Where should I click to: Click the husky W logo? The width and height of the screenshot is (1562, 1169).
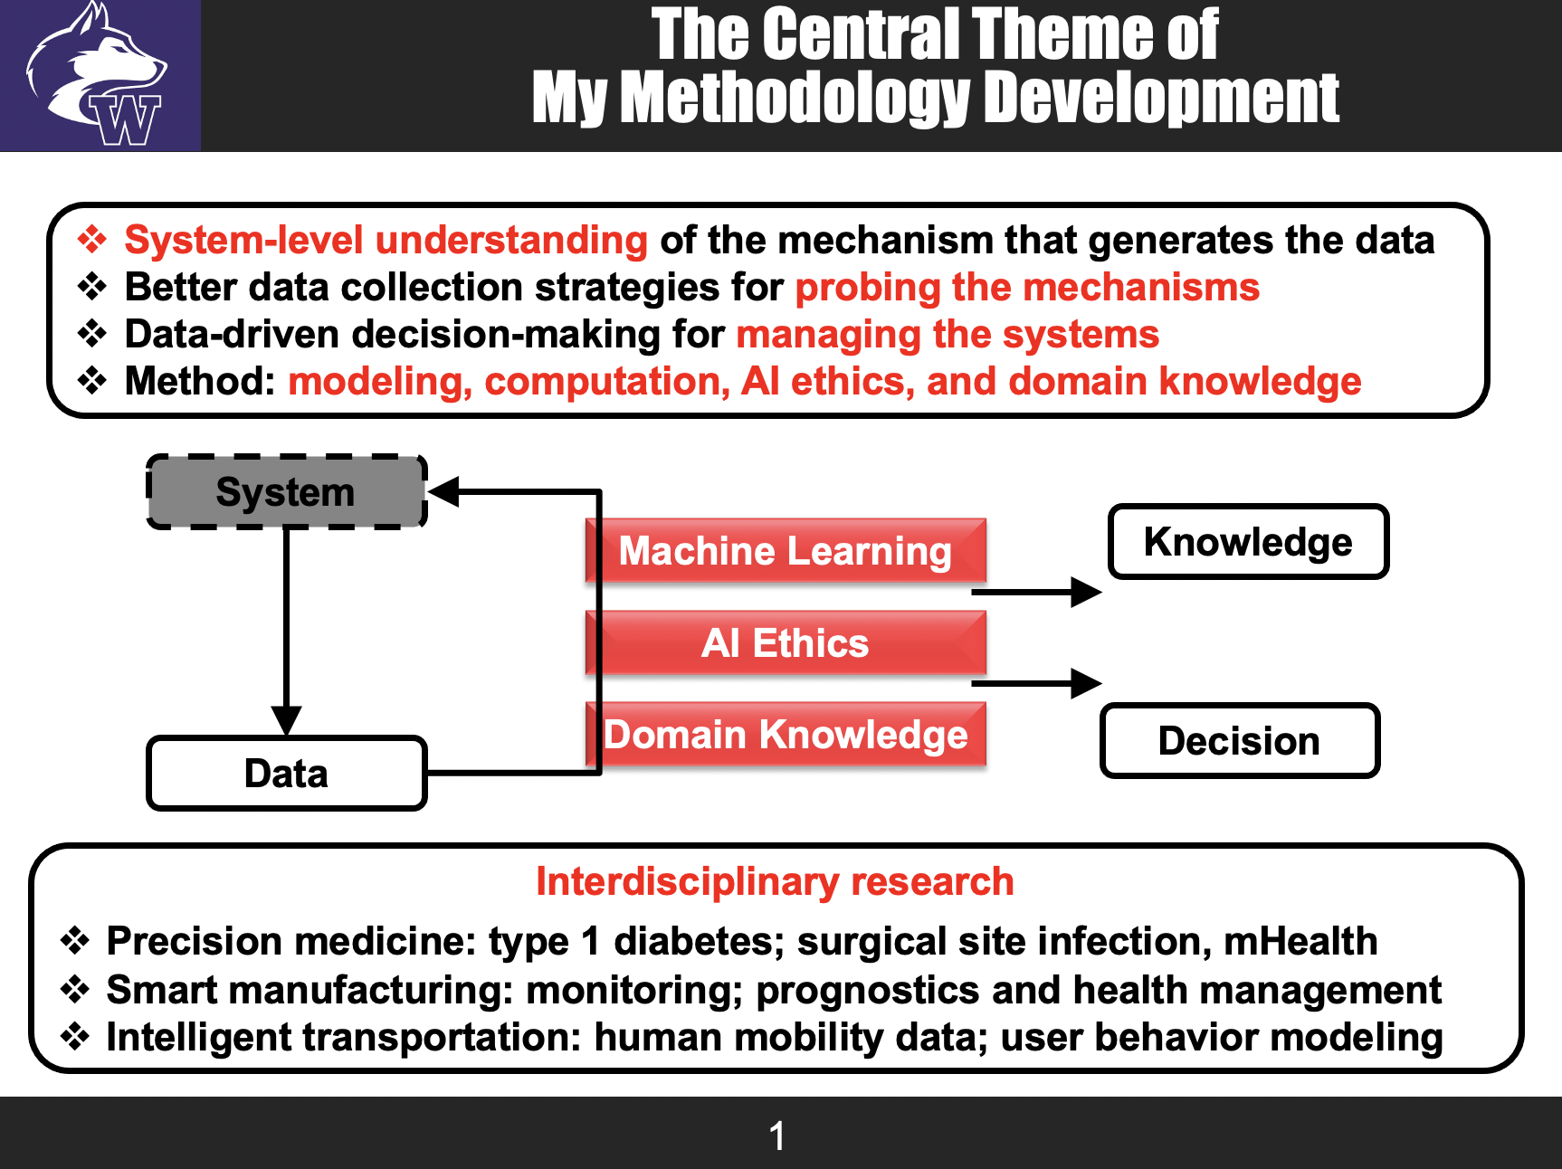pos(100,76)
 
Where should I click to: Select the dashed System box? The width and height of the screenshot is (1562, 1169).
pos(286,492)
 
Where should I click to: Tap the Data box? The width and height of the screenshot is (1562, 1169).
pos(286,774)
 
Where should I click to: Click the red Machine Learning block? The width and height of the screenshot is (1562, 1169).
pos(785,550)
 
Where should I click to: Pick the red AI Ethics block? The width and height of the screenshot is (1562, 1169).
pos(785,642)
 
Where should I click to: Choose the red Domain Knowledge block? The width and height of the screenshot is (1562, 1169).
pos(785,734)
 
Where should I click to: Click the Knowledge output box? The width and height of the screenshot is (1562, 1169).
pos(1248,542)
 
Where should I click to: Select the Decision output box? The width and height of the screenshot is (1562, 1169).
pos(1239,740)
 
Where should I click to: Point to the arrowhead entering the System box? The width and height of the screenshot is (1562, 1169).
pos(443,492)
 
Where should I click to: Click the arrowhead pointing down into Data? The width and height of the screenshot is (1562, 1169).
pos(286,721)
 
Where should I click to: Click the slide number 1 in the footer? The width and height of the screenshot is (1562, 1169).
pos(777,1136)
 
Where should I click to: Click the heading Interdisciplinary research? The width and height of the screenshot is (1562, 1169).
pos(775,881)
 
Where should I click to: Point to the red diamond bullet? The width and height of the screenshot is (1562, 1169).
pos(92,240)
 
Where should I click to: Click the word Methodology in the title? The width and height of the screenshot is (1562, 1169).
pos(795,98)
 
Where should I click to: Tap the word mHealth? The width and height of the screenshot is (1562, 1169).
pos(1300,941)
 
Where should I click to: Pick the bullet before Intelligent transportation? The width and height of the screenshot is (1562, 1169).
pos(75,1037)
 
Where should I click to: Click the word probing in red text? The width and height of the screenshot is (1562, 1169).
pos(855,288)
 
